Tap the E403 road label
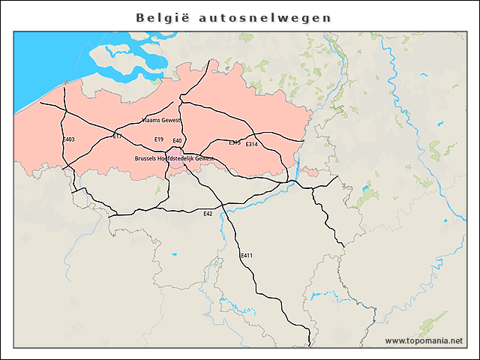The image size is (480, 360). (x=68, y=139)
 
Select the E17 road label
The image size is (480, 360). (x=117, y=136)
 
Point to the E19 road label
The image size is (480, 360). (x=158, y=139)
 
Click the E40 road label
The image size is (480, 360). (x=177, y=141)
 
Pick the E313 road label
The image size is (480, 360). (x=235, y=142)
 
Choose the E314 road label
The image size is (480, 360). (x=252, y=144)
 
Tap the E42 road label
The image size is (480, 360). (x=208, y=214)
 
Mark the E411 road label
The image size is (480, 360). (x=247, y=256)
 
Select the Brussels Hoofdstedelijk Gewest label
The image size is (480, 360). (x=174, y=158)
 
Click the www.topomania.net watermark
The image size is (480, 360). (x=424, y=340)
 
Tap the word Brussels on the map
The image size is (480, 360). (x=145, y=158)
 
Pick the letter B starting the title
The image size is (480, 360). (x=140, y=17)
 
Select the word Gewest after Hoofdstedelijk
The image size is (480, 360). (x=205, y=158)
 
